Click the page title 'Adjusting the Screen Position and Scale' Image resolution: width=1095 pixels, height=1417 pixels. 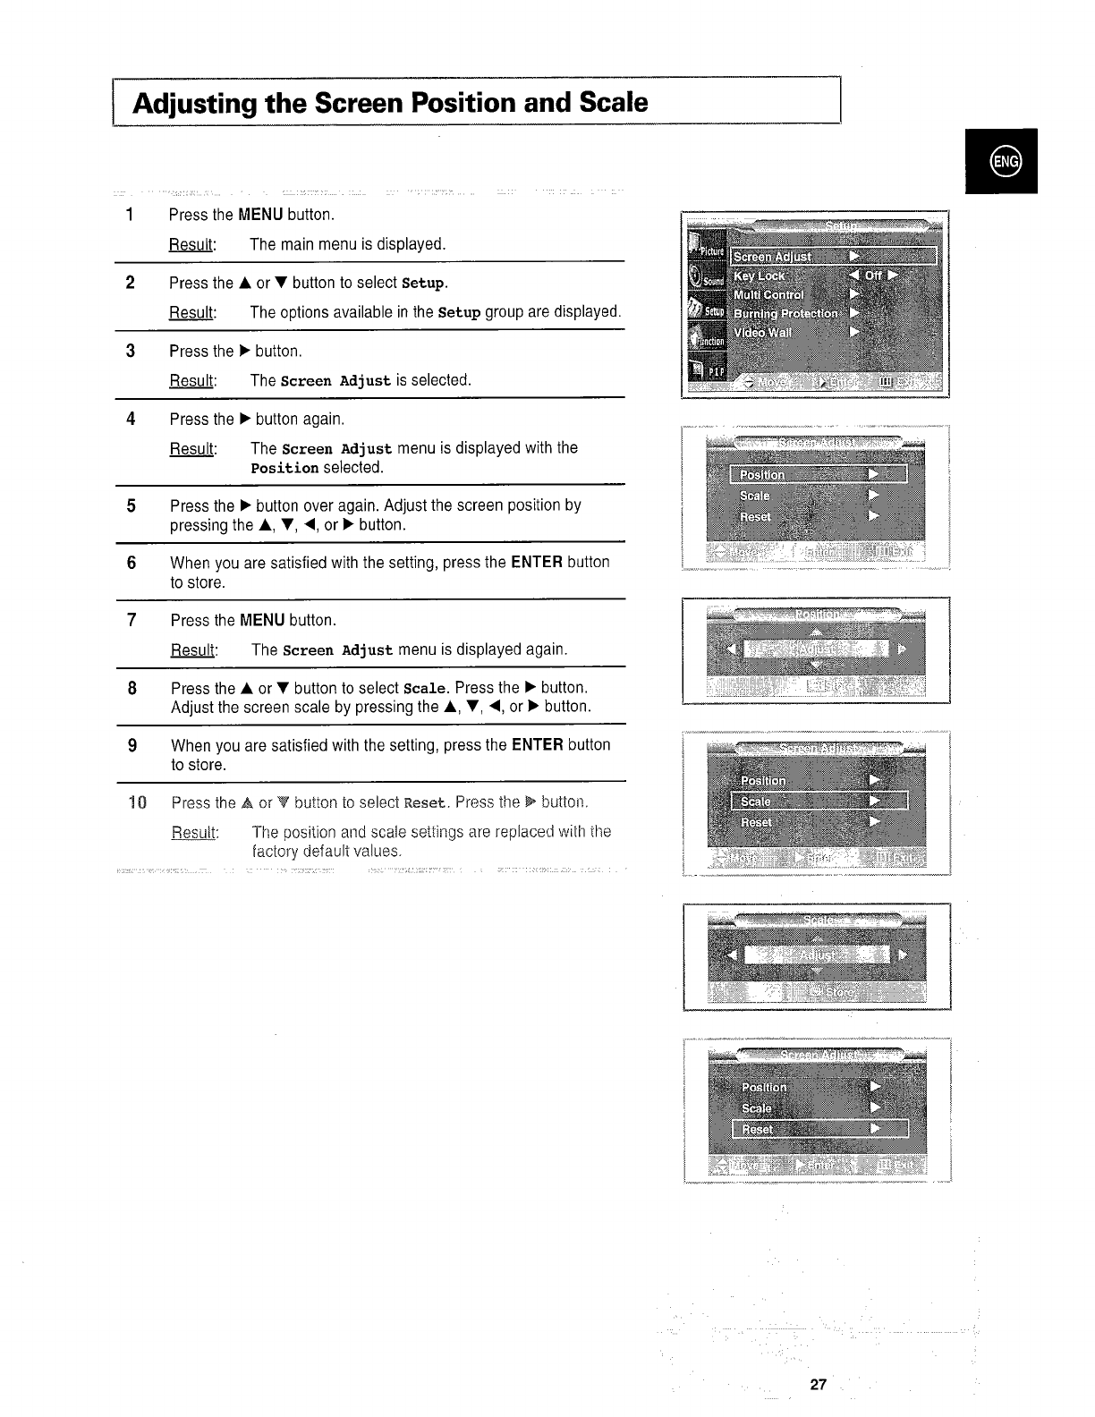390,103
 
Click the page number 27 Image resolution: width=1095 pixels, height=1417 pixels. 818,1385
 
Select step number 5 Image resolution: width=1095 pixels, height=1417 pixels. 132,506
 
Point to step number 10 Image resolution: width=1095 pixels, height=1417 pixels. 136,802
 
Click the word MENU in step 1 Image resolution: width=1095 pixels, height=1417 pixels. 260,215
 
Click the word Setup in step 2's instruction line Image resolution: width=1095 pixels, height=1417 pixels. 422,284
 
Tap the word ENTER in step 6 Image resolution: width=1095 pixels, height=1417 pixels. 536,563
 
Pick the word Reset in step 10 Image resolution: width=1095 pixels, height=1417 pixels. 425,802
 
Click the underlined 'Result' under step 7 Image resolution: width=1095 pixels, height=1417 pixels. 192,649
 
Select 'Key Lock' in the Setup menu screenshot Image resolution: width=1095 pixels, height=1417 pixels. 760,276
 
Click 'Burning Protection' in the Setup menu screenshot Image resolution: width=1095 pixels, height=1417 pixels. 785,314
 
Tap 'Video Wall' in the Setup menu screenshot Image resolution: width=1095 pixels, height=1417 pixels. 762,333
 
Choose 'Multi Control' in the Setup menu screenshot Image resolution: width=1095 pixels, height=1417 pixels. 768,295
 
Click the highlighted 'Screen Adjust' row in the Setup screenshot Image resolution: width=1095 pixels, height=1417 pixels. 832,257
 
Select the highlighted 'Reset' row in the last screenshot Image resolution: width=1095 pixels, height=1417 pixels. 819,1129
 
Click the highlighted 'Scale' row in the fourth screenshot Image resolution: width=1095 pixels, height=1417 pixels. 819,802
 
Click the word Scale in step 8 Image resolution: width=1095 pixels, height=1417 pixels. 424,689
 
